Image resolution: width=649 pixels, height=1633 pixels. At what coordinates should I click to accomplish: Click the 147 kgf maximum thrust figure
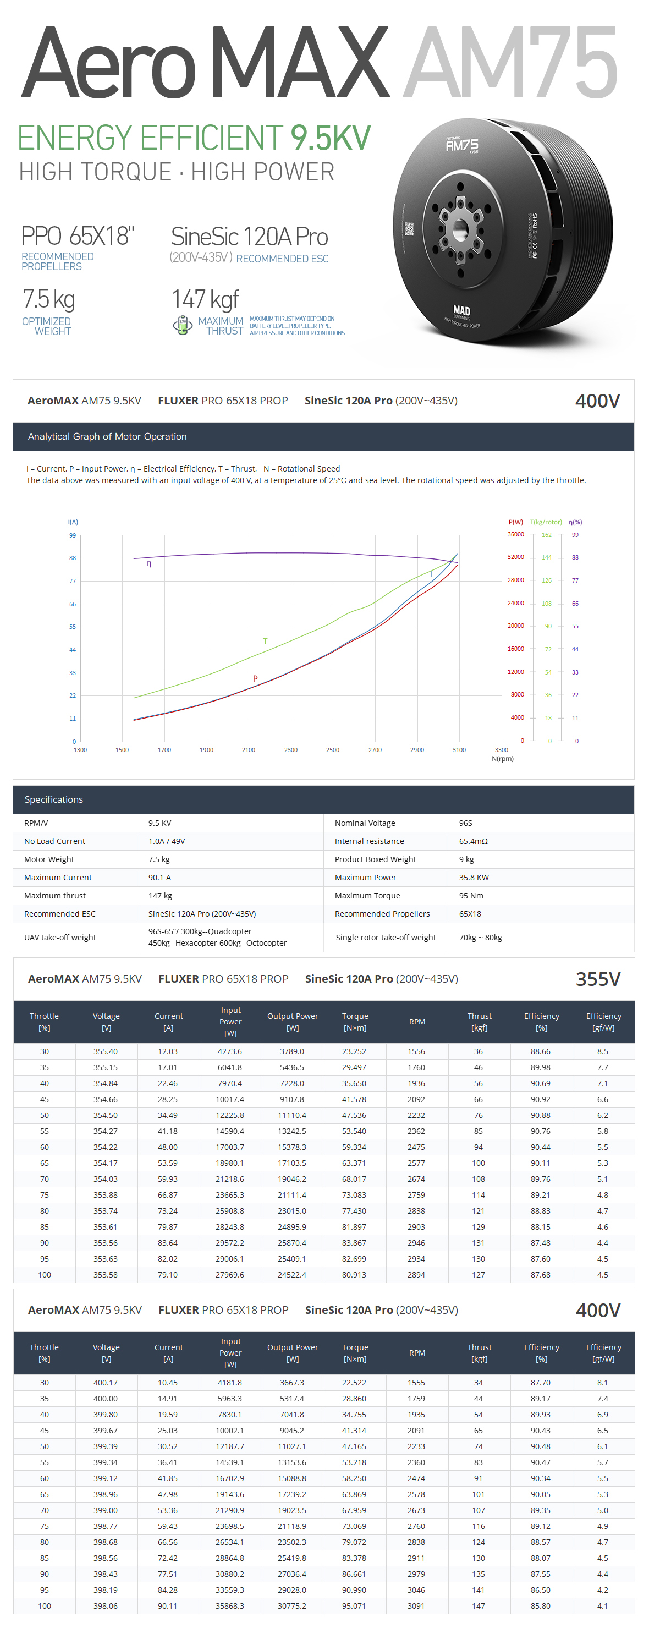tap(205, 299)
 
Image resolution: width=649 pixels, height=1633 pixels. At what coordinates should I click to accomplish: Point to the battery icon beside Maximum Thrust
tap(183, 325)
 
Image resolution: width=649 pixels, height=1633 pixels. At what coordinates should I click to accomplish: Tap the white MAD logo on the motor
tap(461, 310)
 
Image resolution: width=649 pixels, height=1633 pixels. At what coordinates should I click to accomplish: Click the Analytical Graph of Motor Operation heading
tap(107, 436)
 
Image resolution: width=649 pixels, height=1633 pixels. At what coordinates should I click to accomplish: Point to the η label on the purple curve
tap(149, 563)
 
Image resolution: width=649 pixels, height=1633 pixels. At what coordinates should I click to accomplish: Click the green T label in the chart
tap(265, 641)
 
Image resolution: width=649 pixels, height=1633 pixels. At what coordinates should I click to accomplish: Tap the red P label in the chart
tap(255, 678)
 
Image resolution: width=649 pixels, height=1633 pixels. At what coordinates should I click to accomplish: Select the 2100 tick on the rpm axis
tap(249, 750)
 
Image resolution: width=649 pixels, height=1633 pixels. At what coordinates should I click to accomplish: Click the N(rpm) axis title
tap(503, 758)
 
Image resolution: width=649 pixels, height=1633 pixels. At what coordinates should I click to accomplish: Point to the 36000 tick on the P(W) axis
tap(515, 534)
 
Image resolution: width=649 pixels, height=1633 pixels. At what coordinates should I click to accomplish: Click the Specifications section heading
tap(54, 799)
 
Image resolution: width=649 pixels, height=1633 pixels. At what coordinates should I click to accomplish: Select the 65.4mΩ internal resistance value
tap(473, 841)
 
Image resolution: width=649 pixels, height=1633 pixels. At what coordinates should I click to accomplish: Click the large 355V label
tap(598, 979)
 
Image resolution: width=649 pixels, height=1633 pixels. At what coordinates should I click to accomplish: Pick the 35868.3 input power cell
tap(229, 1605)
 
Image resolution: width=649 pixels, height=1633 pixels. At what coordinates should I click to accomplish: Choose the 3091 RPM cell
tap(416, 1605)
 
